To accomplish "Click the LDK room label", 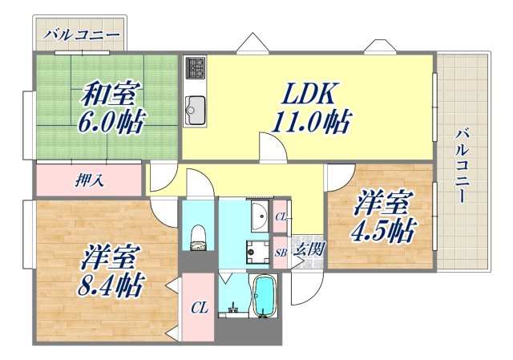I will (308, 94).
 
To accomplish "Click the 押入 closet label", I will (90, 181).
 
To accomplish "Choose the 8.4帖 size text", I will (111, 285).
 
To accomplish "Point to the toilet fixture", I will (198, 235).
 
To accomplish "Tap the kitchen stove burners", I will (195, 69).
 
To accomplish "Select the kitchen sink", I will (195, 104).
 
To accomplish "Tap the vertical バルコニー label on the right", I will (463, 165).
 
